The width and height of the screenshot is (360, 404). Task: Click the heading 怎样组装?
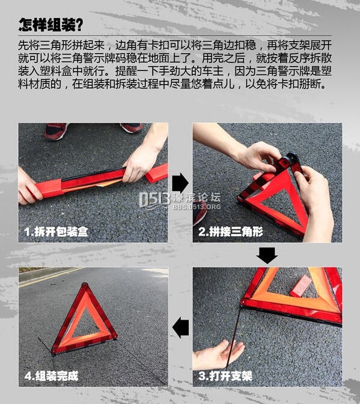tap(50, 25)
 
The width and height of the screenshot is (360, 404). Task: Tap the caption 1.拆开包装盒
tap(56, 231)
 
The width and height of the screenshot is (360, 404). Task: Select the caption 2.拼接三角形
tap(231, 231)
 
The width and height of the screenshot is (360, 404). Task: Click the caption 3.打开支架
tap(225, 376)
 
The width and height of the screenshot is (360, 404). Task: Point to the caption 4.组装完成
tap(51, 376)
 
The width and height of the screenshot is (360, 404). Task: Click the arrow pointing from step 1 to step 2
tap(180, 183)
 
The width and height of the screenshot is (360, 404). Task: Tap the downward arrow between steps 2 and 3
tap(267, 256)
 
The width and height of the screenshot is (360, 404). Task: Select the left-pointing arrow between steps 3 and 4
tap(180, 328)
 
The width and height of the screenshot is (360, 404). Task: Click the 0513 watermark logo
tap(154, 200)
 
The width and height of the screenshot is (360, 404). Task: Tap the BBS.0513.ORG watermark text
tap(197, 207)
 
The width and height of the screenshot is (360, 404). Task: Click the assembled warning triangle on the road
tap(84, 319)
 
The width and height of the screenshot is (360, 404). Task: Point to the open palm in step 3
tap(218, 354)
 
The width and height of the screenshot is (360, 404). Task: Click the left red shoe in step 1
tap(56, 131)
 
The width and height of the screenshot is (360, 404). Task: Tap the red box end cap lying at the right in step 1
tap(157, 173)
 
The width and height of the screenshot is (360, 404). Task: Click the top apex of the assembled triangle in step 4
tap(85, 284)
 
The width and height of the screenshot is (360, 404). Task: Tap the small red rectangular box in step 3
tap(301, 286)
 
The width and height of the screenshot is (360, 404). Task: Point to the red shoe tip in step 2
tap(200, 213)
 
